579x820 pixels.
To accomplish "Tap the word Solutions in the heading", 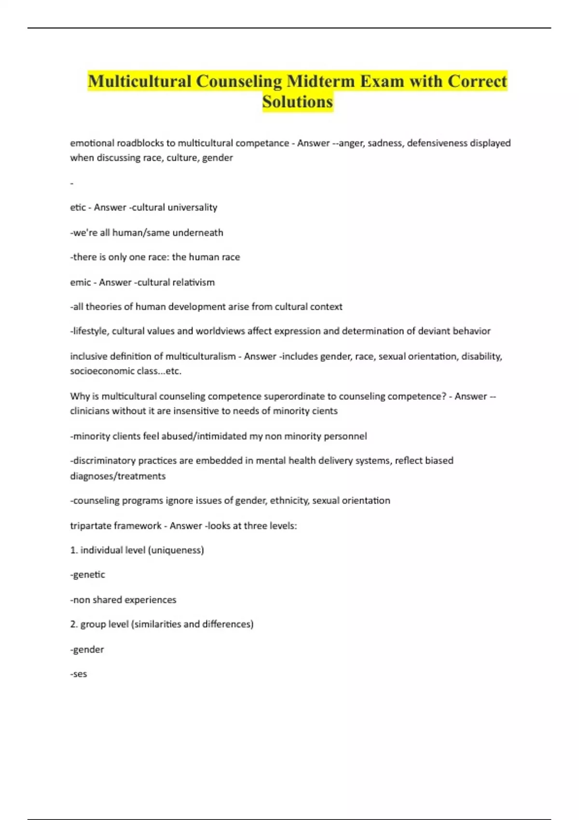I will point(298,102).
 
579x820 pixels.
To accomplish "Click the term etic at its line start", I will point(77,207).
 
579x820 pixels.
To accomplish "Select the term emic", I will point(80,282).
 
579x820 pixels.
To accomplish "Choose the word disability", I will point(482,356).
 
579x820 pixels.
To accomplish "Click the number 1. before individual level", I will point(74,550).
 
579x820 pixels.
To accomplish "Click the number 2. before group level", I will point(74,624).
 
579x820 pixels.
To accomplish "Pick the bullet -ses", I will point(79,674).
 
